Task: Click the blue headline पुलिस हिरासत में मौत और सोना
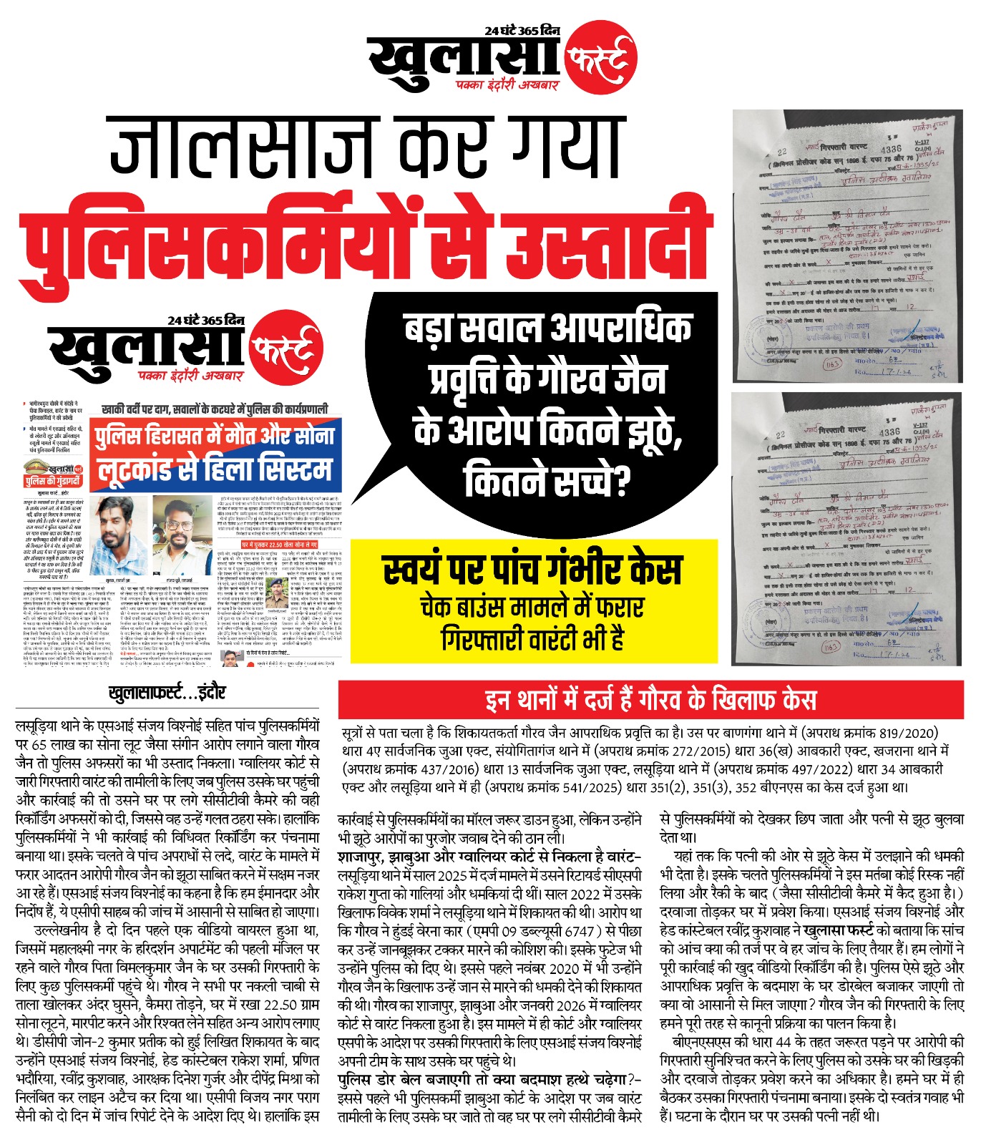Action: point(215,436)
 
